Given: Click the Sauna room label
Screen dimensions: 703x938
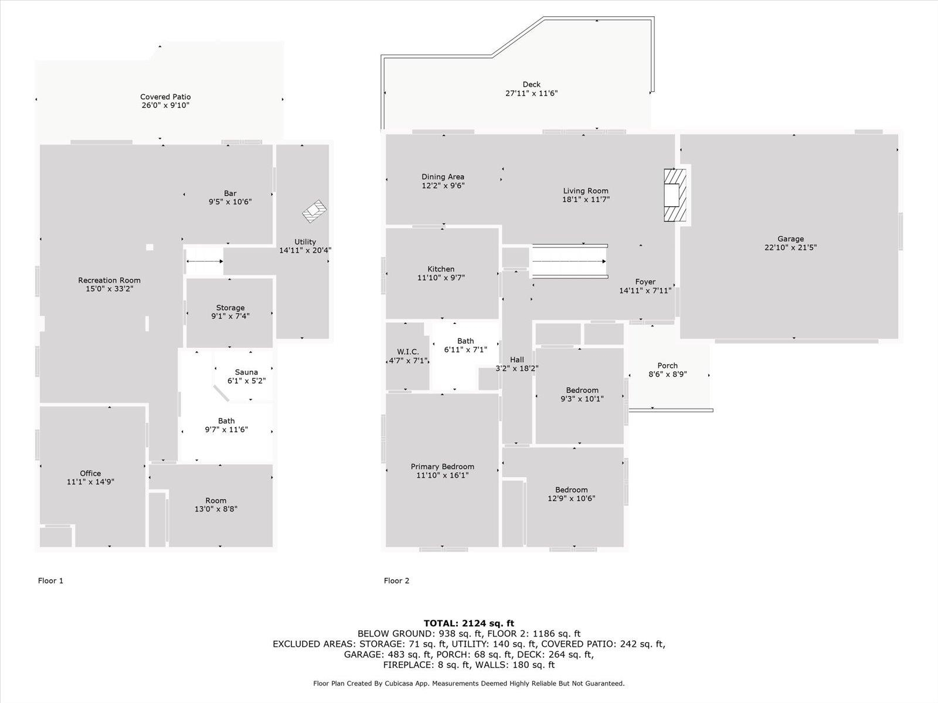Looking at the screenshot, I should click(246, 372).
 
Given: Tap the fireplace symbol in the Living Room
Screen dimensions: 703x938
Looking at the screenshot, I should click(675, 195).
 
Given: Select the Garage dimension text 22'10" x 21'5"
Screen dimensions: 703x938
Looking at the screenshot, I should click(790, 247).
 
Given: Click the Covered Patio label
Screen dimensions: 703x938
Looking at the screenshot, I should click(165, 97).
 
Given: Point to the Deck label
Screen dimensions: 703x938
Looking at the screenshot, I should click(531, 84).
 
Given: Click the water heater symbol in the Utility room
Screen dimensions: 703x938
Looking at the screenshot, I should click(314, 211).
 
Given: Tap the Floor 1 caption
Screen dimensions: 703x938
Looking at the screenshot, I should click(50, 581).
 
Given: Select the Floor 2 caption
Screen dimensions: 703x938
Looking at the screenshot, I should click(396, 581).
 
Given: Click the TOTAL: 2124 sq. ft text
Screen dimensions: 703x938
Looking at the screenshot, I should click(468, 623).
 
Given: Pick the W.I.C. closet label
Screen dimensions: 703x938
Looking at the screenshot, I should click(407, 352).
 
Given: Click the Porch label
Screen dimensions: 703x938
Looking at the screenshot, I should click(667, 366).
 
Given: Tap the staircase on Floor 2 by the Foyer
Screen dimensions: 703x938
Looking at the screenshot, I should click(569, 261).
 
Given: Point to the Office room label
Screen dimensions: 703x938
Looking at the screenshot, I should click(90, 473).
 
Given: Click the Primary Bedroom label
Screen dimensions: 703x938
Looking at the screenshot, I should click(442, 467).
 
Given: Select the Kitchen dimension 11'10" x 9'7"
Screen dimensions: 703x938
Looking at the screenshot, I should click(441, 278).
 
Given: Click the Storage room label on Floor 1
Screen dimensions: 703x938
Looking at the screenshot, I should click(230, 308).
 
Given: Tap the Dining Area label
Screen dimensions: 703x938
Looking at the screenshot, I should click(443, 177).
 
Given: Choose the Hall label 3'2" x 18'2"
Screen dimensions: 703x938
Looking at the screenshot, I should click(517, 368).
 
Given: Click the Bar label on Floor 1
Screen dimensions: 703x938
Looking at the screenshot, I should click(230, 193).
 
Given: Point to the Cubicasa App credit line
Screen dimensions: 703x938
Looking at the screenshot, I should click(468, 683).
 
